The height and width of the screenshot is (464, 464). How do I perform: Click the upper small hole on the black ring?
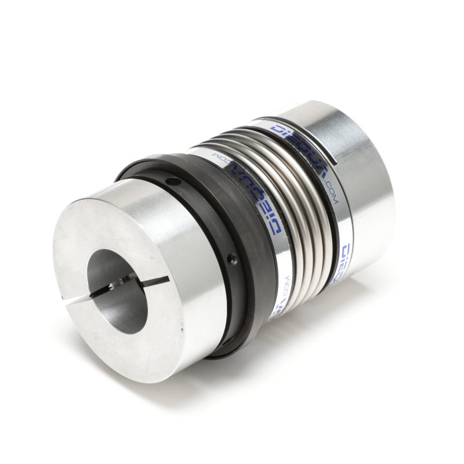click(x=169, y=183)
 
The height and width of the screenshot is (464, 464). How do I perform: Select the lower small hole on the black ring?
click(x=231, y=256)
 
